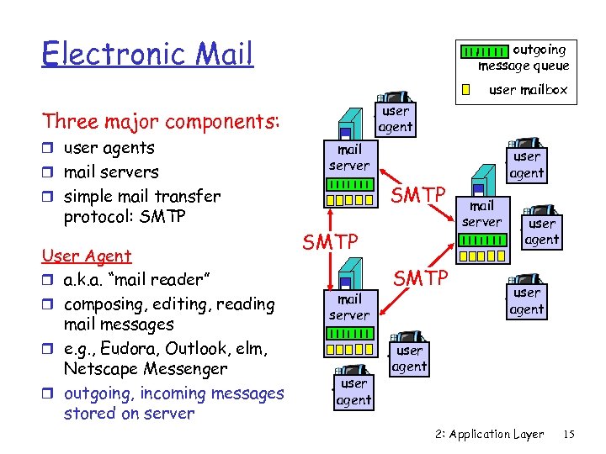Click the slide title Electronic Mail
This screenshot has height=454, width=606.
[147, 54]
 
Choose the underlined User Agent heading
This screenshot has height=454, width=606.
[87, 256]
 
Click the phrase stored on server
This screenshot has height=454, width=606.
[129, 413]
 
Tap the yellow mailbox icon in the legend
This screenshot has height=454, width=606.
[465, 89]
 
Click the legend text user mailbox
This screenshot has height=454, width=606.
[529, 89]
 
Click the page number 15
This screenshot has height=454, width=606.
[569, 435]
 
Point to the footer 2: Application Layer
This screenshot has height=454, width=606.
[490, 435]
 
